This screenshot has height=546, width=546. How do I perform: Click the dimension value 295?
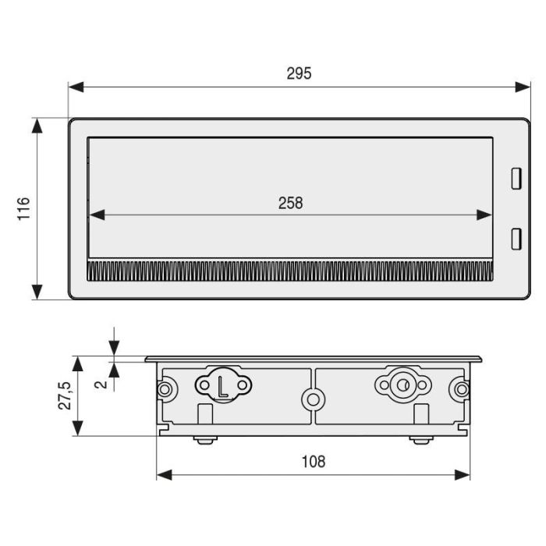[299, 73]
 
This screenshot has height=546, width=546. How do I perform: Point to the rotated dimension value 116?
[23, 209]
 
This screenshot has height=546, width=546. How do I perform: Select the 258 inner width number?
[290, 203]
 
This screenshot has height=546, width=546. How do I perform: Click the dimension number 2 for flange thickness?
[98, 384]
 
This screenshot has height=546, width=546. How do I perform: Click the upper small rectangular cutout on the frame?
[515, 179]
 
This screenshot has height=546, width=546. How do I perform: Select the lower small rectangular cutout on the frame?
[515, 239]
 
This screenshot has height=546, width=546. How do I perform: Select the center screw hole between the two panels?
[314, 399]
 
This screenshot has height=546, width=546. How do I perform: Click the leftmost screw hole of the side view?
[165, 389]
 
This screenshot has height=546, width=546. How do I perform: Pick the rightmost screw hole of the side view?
[463, 389]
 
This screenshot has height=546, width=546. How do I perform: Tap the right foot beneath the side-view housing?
[420, 440]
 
